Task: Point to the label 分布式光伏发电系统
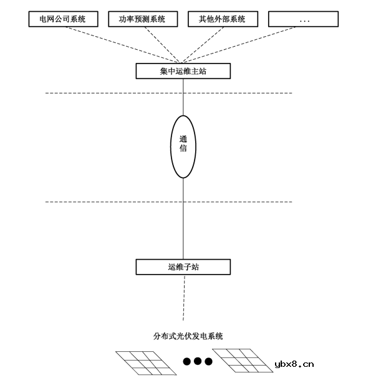click(188, 336)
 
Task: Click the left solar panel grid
click(146, 363)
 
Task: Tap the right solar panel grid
click(243, 361)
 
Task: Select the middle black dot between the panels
click(198, 361)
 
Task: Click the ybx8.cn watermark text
click(294, 364)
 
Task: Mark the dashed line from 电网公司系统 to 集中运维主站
click(122, 45)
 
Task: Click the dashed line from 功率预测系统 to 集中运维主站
click(163, 45)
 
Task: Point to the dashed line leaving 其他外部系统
click(203, 45)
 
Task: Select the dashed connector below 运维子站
click(184, 298)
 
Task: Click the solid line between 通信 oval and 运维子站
click(183, 219)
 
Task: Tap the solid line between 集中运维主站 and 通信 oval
click(183, 97)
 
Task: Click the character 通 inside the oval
click(183, 139)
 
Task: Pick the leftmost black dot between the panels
click(187, 361)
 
